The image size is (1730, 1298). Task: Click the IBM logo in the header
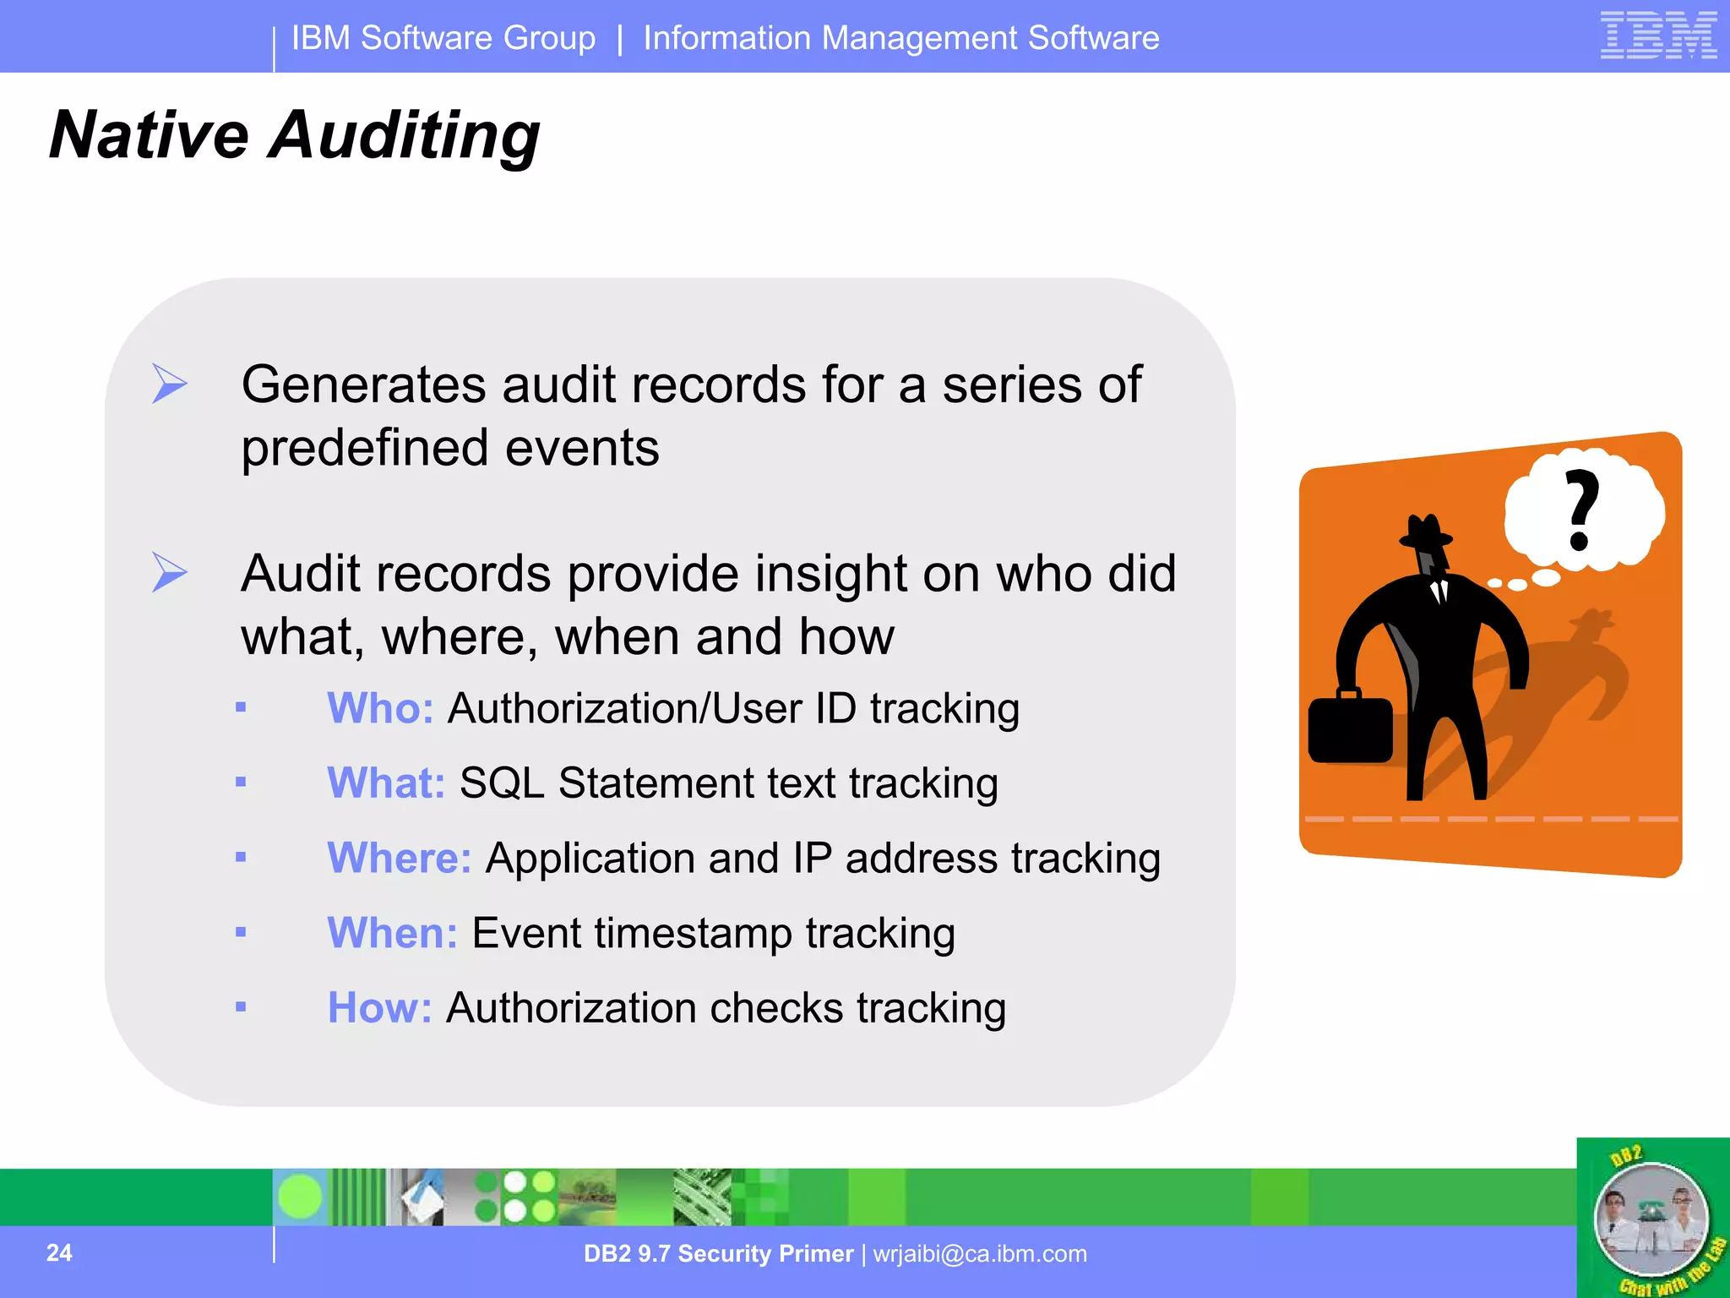(x=1658, y=35)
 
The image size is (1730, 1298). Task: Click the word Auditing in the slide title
(x=405, y=135)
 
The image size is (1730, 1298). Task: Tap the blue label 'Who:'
(x=380, y=708)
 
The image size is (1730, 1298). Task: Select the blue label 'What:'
(x=386, y=783)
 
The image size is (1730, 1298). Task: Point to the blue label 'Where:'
(x=399, y=858)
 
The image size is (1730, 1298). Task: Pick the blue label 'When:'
(x=392, y=933)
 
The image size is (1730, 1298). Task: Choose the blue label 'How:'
(x=379, y=1007)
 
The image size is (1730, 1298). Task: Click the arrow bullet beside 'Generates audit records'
(x=169, y=384)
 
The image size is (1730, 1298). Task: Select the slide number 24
(x=59, y=1252)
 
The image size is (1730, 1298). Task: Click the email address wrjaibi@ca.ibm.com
(x=980, y=1253)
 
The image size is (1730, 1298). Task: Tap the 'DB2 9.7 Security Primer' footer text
(x=718, y=1253)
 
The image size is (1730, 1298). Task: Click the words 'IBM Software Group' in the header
(x=443, y=38)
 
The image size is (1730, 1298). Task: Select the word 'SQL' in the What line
(x=502, y=783)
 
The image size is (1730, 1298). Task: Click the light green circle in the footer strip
(x=300, y=1197)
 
